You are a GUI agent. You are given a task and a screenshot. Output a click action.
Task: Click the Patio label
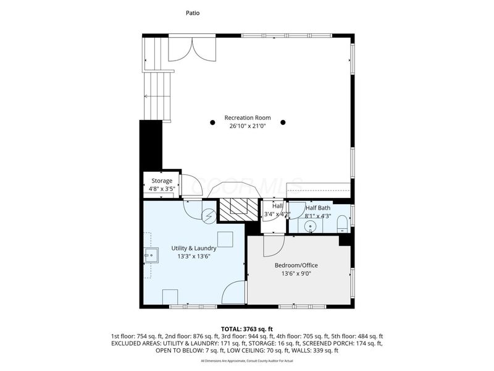tap(193, 12)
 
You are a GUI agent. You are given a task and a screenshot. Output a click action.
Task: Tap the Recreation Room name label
tap(247, 117)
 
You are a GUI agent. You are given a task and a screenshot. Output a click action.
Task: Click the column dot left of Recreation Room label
tap(211, 122)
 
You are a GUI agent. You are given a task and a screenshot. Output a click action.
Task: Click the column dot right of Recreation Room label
tap(283, 122)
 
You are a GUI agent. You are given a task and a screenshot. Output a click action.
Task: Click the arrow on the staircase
tap(147, 96)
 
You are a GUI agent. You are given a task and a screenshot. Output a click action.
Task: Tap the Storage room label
tap(161, 181)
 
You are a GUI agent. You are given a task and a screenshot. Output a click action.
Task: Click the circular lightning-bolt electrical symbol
tap(209, 216)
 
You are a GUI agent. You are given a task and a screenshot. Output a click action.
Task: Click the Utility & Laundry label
tap(194, 248)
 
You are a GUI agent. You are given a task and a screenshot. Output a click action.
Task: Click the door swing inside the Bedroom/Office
tap(272, 246)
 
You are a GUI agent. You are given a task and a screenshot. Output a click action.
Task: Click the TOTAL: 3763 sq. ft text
tap(247, 328)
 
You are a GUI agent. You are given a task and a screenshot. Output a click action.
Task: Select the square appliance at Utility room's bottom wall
tap(171, 297)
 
